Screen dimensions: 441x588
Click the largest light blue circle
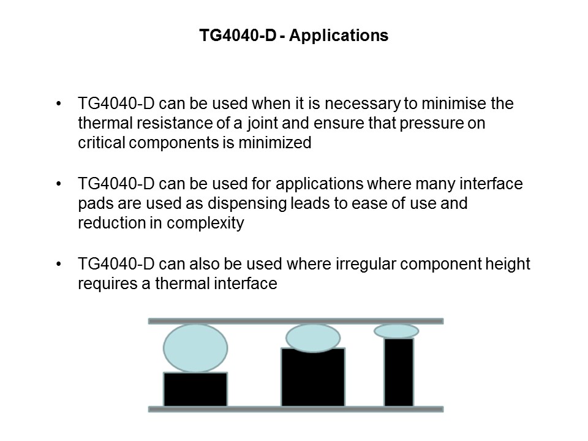(x=195, y=348)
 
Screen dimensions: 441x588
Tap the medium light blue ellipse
(x=313, y=337)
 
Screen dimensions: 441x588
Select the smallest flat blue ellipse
(x=396, y=331)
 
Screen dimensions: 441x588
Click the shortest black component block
(x=195, y=389)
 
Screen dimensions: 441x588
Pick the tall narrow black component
(x=399, y=372)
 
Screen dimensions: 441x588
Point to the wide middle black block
(x=313, y=377)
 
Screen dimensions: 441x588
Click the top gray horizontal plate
(x=295, y=321)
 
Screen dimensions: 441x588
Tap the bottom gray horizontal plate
(x=295, y=409)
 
